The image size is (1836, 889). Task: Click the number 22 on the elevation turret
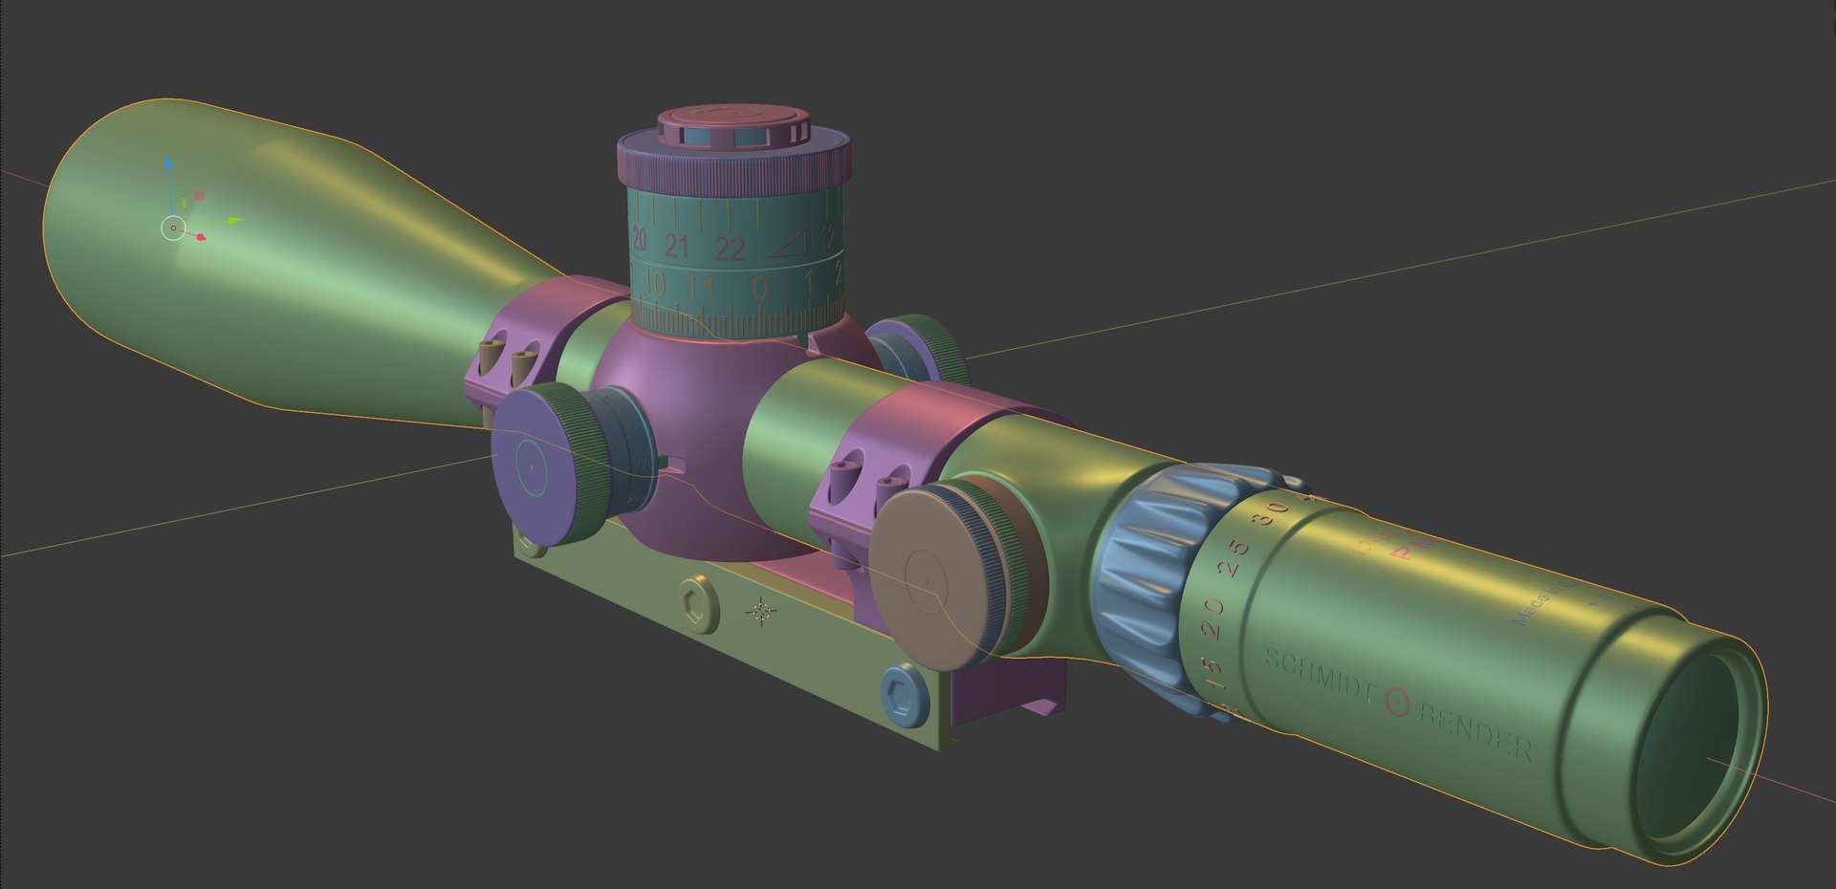pyautogui.click(x=730, y=249)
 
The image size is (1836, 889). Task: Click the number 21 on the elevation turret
pyautogui.click(x=677, y=248)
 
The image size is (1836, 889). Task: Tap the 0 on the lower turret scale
pyautogui.click(x=759, y=287)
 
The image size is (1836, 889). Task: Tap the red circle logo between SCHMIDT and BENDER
pyautogui.click(x=1397, y=703)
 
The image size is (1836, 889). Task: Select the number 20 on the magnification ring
pyautogui.click(x=1214, y=610)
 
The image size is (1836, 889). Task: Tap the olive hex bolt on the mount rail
pyautogui.click(x=697, y=603)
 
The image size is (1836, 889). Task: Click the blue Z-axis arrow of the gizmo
pyautogui.click(x=168, y=167)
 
